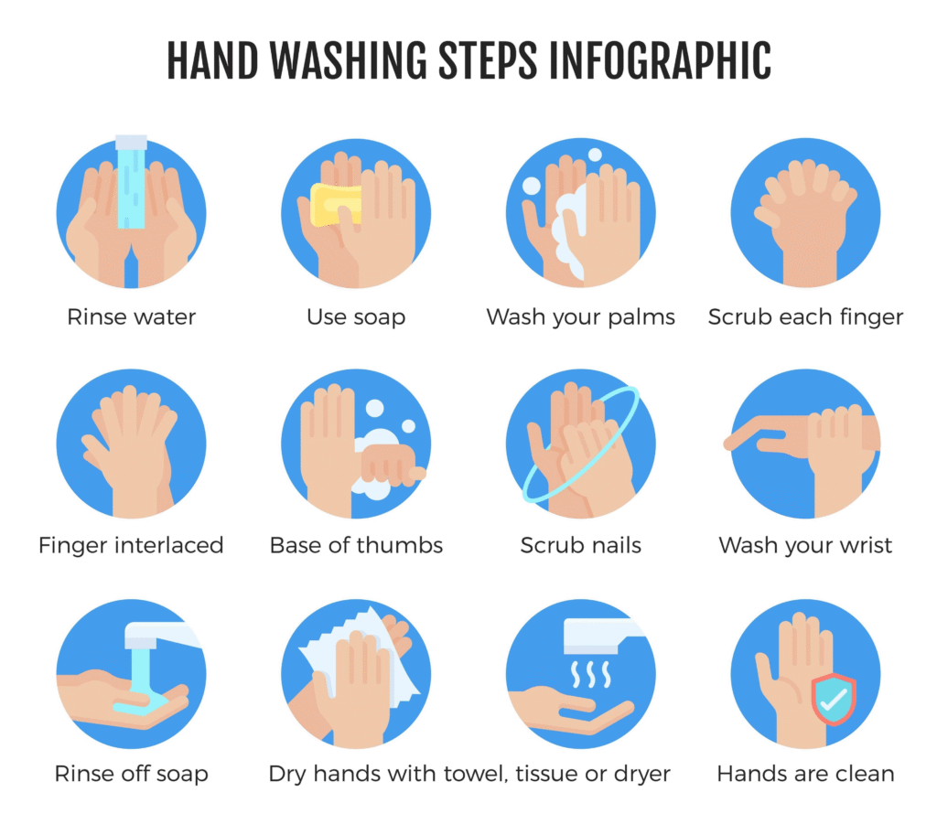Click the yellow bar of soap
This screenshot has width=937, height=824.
point(335,205)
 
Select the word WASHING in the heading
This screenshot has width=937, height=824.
point(349,61)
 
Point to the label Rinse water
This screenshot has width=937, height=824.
point(132,317)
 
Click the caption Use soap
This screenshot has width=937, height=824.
point(356,317)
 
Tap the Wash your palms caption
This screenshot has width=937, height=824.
point(581,317)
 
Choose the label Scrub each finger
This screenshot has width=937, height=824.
point(805,317)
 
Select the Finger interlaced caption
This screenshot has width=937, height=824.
point(131,545)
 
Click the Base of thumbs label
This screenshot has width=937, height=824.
point(356,545)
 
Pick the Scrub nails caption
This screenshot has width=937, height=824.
point(581,545)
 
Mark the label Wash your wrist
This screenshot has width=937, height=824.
point(805,545)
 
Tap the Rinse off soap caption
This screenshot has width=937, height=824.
point(132,774)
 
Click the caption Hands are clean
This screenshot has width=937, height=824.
point(805,774)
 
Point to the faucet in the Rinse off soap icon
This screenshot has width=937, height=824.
point(161,635)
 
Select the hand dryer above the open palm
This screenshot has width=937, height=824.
point(600,636)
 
